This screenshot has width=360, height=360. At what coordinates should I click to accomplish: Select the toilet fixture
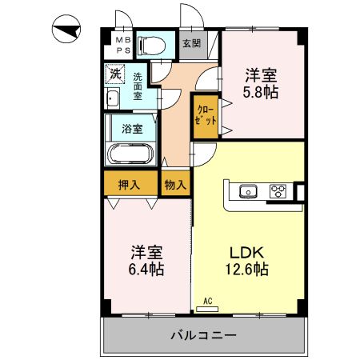coord(150,45)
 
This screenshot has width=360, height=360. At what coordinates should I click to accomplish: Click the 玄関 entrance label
coord(191,43)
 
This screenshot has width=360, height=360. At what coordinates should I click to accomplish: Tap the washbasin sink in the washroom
coord(112,99)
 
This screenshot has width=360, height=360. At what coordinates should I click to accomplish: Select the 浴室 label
coord(132,128)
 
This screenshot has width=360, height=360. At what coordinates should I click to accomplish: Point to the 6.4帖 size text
coord(147,269)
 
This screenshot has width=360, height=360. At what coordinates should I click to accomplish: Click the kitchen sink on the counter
coord(247,190)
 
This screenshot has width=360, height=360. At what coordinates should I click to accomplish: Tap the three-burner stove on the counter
coord(278,190)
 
